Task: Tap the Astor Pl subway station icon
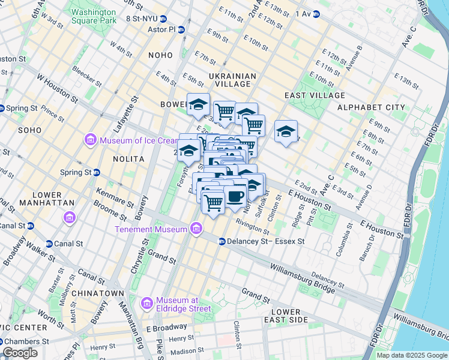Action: click(x=181, y=29)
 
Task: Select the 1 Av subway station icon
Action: click(x=316, y=13)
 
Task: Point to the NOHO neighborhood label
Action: click(x=160, y=55)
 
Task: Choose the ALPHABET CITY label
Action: click(x=371, y=107)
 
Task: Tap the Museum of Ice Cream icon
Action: click(x=91, y=140)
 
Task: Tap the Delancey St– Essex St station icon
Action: click(x=221, y=242)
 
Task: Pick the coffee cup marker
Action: click(x=235, y=195)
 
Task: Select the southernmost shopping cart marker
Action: click(x=213, y=202)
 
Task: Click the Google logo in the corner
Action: click(x=20, y=353)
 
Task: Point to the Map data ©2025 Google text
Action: click(x=412, y=355)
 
